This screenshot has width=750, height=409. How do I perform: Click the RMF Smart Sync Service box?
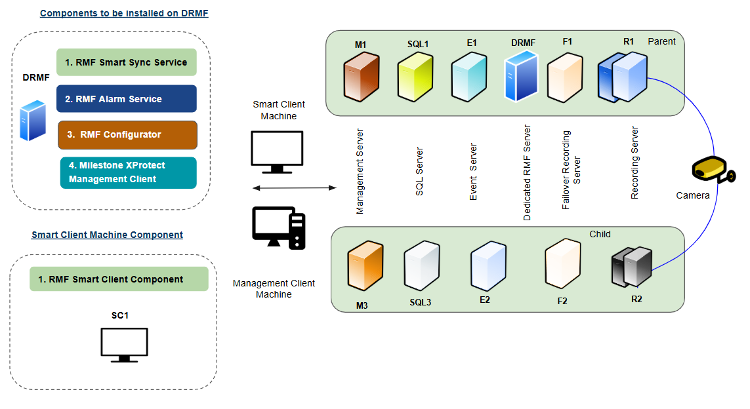point(126,63)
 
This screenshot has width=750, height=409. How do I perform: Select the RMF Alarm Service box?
point(126,99)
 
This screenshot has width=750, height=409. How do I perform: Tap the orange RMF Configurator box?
point(127,134)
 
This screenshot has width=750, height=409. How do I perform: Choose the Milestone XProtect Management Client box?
point(128,172)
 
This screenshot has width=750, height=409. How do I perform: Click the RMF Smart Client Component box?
point(119,279)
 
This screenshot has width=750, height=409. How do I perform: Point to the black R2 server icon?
point(631,267)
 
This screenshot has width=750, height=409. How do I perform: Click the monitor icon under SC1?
point(124,345)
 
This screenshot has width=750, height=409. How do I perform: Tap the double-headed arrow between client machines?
point(294,188)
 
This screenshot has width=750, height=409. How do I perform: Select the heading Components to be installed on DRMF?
point(124,13)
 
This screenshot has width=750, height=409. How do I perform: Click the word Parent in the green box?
point(661,41)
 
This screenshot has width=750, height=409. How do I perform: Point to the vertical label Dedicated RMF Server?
point(527,172)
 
